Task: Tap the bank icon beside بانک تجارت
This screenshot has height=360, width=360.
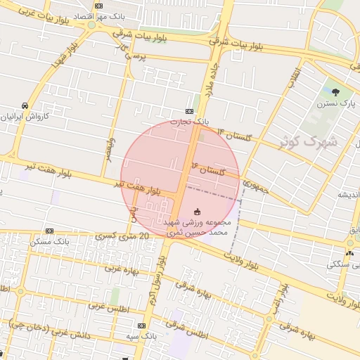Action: tap(189, 111)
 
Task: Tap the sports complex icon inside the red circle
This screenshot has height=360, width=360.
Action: tap(197, 211)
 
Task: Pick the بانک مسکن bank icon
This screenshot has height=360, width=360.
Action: tap(49, 231)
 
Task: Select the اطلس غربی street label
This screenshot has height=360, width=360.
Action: tap(125, 307)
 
